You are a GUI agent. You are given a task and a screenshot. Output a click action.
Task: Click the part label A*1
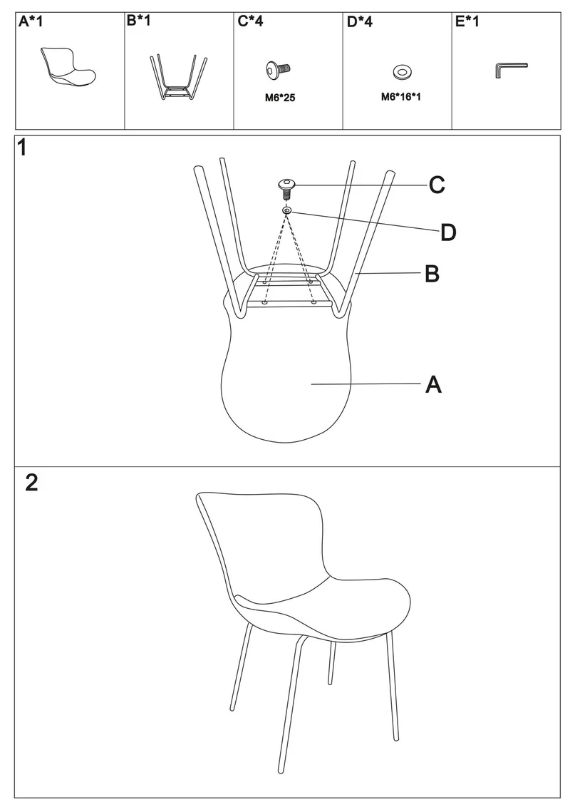(31, 21)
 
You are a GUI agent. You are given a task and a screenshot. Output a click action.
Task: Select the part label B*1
(138, 21)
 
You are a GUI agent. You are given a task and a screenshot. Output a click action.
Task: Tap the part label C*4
(251, 21)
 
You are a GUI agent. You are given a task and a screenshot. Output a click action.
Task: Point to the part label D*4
(360, 21)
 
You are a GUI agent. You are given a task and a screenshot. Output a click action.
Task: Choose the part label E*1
(467, 21)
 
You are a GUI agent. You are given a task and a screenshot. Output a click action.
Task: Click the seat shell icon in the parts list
(68, 67)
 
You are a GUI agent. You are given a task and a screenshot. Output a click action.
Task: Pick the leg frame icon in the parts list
(179, 76)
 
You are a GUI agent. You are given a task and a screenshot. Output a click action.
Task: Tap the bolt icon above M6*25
(279, 69)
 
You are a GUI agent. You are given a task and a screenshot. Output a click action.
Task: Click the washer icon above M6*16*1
(401, 72)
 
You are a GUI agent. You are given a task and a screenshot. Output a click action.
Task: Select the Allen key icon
(511, 70)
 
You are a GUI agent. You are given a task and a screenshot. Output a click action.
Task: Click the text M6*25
(280, 98)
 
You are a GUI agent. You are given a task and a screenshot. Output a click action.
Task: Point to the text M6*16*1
(400, 97)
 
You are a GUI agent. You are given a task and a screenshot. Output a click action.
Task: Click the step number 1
(21, 148)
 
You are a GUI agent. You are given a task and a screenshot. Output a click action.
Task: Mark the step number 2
(31, 483)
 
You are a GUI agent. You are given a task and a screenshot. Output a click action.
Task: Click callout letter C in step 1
(437, 185)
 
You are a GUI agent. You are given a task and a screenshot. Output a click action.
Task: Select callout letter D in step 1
(448, 232)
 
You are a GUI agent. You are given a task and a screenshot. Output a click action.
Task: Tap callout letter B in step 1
(432, 274)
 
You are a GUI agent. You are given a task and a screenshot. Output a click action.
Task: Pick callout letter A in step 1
(433, 384)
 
